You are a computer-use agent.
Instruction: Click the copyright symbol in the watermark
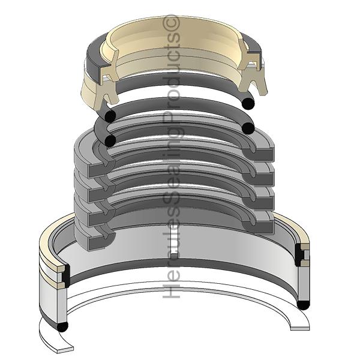point(171,22)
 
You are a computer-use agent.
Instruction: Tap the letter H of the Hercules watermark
point(171,290)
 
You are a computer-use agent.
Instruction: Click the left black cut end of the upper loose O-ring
point(110,116)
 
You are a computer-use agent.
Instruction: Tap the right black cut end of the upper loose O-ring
point(248,103)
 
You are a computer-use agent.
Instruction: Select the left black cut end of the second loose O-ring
point(110,141)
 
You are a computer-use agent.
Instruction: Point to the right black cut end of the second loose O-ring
point(248,128)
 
